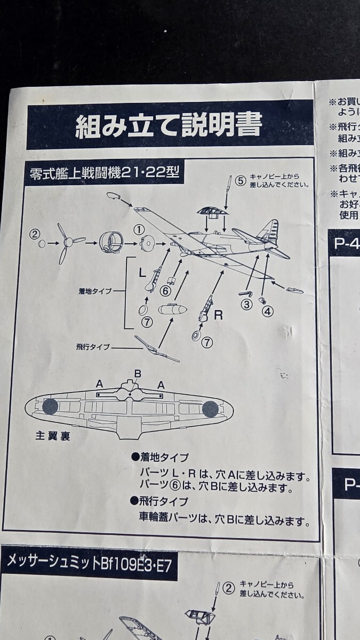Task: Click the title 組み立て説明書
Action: pyautogui.click(x=169, y=126)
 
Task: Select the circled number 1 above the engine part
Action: pyautogui.click(x=139, y=229)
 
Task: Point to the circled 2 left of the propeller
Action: pyautogui.click(x=35, y=233)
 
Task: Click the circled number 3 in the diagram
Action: pyautogui.click(x=246, y=305)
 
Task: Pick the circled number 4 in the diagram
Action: pyautogui.click(x=267, y=309)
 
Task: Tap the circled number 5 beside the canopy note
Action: pyautogui.click(x=241, y=181)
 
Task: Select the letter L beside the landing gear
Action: pyautogui.click(x=142, y=273)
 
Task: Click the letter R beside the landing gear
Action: pyautogui.click(x=218, y=315)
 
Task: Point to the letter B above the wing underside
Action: pyautogui.click(x=138, y=373)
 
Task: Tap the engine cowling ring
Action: pyautogui.click(x=111, y=244)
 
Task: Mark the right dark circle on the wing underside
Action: pyautogui.click(x=211, y=409)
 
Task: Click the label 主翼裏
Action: pyautogui.click(x=53, y=435)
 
